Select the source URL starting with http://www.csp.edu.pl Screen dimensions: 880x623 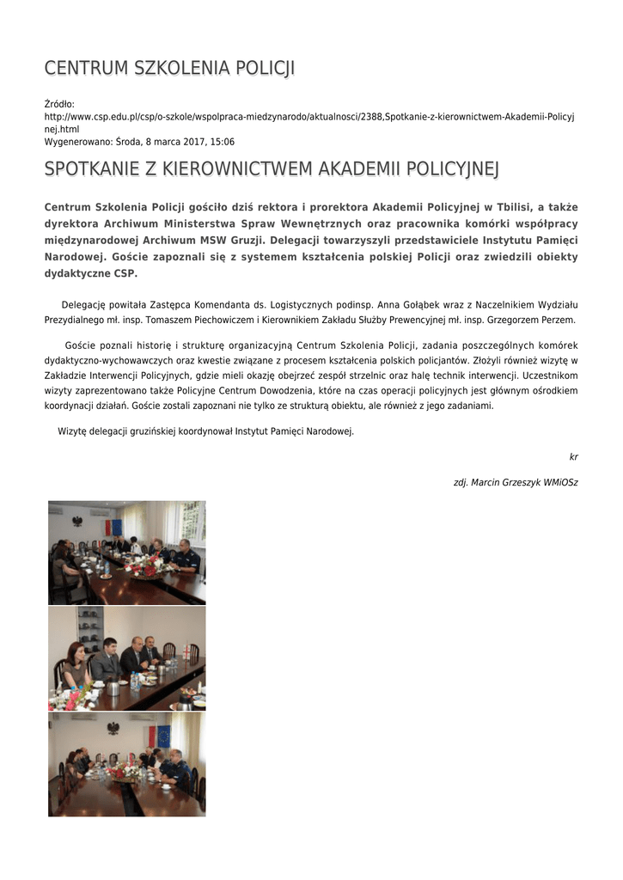coord(309,115)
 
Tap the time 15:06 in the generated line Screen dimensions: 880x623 coord(223,142)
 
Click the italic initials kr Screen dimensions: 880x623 coord(573,457)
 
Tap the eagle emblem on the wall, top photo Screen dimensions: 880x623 coord(77,522)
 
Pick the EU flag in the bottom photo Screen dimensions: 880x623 coord(163,736)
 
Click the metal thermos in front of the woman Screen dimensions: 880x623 coord(113,687)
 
